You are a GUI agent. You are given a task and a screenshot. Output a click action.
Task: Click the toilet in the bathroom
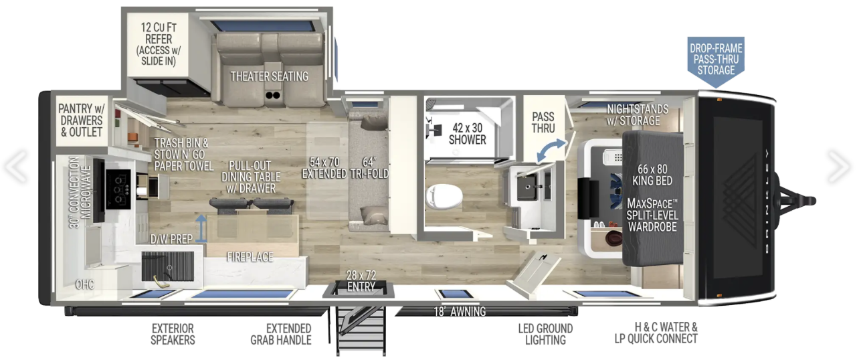pyautogui.click(x=444, y=197)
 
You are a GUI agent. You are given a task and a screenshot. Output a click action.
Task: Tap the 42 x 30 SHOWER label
pyautogui.click(x=468, y=133)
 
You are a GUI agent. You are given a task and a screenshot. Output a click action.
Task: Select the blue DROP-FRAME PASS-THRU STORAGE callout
pyautogui.click(x=716, y=62)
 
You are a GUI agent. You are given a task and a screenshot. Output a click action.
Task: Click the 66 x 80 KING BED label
pyautogui.click(x=652, y=175)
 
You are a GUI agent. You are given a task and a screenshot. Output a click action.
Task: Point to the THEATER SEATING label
pyautogui.click(x=269, y=76)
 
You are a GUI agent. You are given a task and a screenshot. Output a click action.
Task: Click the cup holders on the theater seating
pyautogui.click(x=273, y=95)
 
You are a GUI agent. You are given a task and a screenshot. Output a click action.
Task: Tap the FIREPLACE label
pyautogui.click(x=250, y=256)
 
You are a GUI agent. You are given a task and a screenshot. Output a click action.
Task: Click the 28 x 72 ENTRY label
pyautogui.click(x=361, y=280)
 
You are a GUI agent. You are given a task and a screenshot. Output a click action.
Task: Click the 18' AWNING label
pyautogui.click(x=460, y=311)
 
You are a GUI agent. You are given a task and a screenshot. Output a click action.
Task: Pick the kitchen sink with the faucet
pyautogui.click(x=167, y=267)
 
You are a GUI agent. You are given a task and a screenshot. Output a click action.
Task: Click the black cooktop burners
pyautogui.click(x=118, y=189)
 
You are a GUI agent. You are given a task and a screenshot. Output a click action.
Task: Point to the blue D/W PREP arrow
pyautogui.click(x=201, y=228)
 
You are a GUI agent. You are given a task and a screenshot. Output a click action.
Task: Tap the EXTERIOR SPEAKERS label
pyautogui.click(x=173, y=334)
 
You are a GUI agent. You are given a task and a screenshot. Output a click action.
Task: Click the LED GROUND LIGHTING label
pyautogui.click(x=545, y=334)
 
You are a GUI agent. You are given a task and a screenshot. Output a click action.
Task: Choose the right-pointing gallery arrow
pyautogui.click(x=838, y=167)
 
